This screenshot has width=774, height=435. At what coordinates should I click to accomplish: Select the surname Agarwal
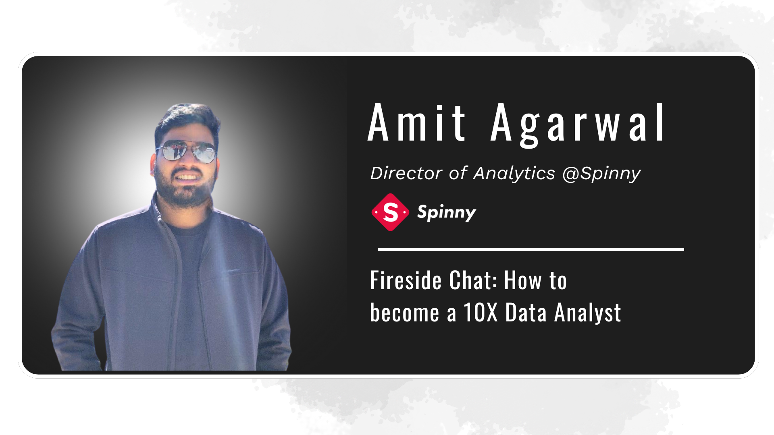pyautogui.click(x=577, y=125)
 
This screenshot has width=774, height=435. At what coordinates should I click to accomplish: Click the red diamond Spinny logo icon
pyautogui.click(x=390, y=212)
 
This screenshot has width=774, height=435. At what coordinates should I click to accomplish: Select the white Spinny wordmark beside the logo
pyautogui.click(x=447, y=213)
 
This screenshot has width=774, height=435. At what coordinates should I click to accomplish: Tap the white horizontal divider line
pyautogui.click(x=531, y=249)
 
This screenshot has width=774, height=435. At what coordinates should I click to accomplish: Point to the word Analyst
pyautogui.click(x=587, y=313)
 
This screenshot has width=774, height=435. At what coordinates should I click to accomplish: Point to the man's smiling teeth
pyautogui.click(x=187, y=176)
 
